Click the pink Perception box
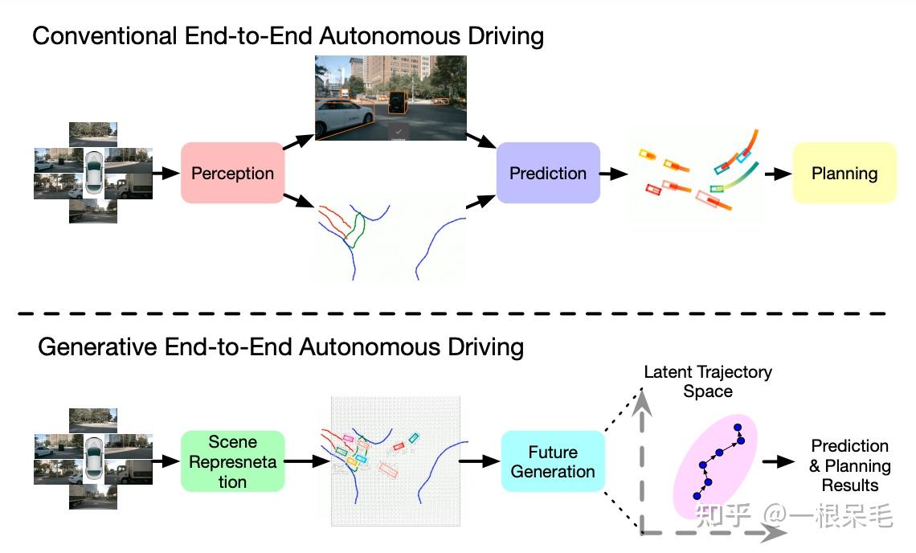point(232,173)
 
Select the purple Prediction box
point(548,173)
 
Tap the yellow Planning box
point(844,173)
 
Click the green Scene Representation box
point(233,461)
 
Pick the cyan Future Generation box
point(552,461)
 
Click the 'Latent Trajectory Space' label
point(708,382)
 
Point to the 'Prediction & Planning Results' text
point(849,465)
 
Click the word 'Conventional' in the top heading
point(100,36)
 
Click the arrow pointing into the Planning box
point(777,173)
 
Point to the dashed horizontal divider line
point(458,312)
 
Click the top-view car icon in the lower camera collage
point(94,460)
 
